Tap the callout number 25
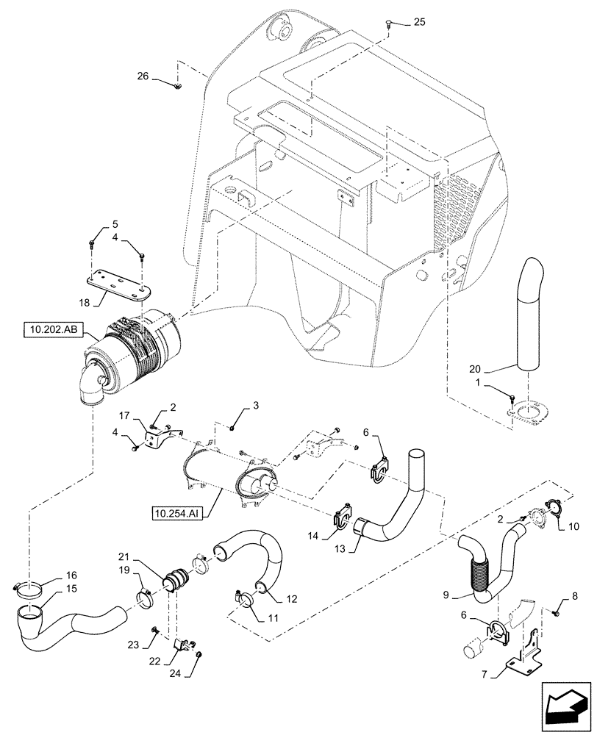point(419,22)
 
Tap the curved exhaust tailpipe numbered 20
point(532,316)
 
